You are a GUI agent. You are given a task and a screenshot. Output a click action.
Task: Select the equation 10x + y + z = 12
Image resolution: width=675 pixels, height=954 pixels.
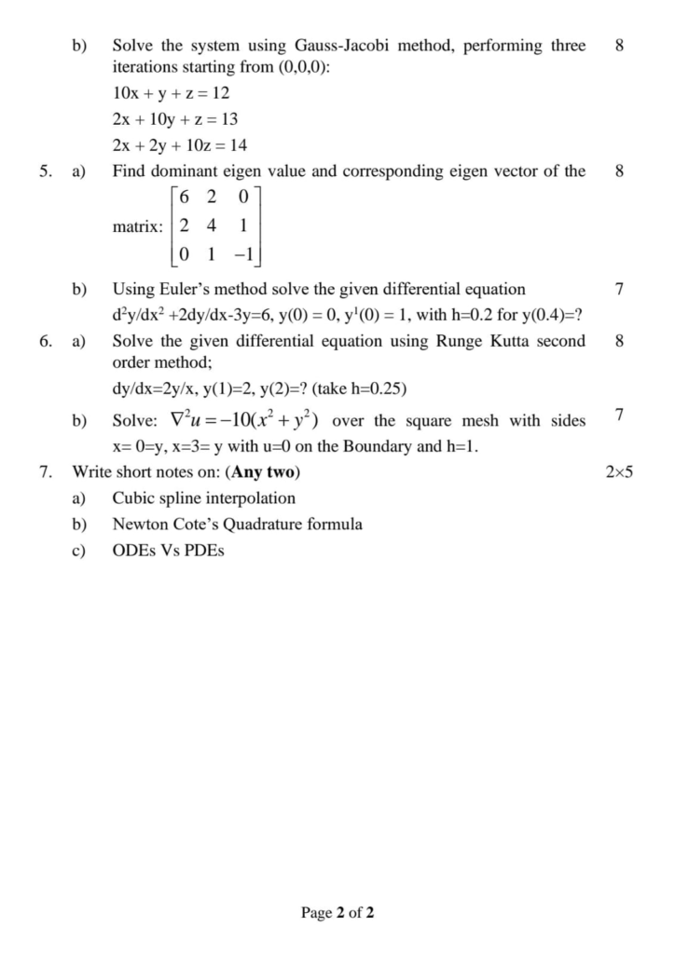[x=171, y=94]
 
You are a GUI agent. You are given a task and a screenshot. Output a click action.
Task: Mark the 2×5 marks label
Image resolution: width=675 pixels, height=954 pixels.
[x=619, y=472]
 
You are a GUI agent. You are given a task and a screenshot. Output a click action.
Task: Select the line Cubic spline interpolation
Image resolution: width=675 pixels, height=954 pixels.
[x=203, y=498]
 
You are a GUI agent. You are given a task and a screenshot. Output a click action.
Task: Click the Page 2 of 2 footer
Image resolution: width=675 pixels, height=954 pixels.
[x=337, y=913]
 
